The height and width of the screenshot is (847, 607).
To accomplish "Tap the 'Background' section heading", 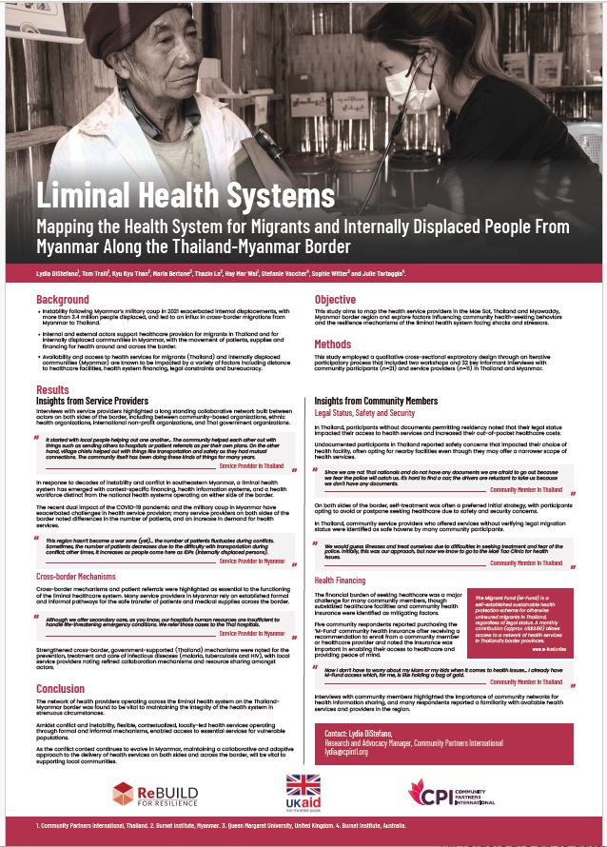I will tap(63, 300).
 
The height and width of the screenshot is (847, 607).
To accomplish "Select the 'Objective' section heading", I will tap(335, 300).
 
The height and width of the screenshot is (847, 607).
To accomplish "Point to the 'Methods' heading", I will tap(333, 345).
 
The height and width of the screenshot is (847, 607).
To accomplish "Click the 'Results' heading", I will tap(52, 390).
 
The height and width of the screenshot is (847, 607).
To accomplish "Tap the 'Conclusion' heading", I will tap(61, 689).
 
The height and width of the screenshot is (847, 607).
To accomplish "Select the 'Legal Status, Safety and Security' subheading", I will tap(364, 414).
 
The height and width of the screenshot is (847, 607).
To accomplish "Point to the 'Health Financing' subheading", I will tap(340, 581).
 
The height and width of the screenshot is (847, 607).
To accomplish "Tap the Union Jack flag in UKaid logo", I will tap(304, 786).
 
